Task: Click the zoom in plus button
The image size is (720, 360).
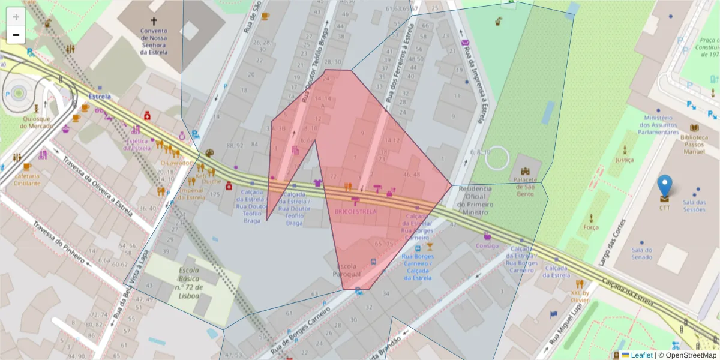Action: [16, 17]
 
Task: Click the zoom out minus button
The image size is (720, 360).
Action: [16, 35]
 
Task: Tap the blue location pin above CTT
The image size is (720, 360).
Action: [664, 187]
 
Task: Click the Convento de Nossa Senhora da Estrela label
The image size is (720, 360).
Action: [154, 41]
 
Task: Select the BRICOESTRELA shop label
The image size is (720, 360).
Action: [355, 212]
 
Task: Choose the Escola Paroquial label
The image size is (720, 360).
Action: [346, 270]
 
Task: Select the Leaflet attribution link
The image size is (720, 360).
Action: [641, 355]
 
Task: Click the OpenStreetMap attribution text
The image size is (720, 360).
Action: [688, 355]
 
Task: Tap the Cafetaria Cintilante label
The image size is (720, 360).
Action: [26, 179]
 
